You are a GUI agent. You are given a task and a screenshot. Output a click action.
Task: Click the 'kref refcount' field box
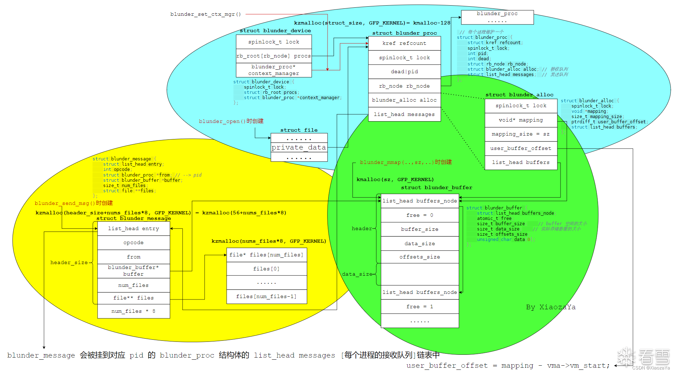click(x=404, y=43)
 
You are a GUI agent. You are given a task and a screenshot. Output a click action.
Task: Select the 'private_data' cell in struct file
click(x=299, y=147)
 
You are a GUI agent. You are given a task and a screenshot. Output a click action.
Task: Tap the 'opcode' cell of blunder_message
click(x=133, y=242)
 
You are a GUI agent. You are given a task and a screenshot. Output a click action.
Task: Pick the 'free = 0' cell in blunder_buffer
click(x=420, y=215)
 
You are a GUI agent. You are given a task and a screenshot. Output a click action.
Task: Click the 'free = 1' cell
click(x=420, y=306)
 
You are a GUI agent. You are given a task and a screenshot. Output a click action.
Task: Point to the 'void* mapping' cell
click(x=521, y=120)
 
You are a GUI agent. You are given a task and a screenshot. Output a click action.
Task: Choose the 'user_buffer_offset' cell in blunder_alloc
click(x=521, y=148)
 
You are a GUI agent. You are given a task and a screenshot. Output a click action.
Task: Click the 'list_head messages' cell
click(x=404, y=114)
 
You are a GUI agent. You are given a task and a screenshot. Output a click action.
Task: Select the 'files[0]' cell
click(x=266, y=269)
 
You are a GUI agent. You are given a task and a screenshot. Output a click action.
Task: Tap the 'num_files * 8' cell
click(x=133, y=311)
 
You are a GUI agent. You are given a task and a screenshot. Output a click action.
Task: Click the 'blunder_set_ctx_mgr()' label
click(x=205, y=14)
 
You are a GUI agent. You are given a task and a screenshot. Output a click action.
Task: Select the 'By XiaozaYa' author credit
click(x=550, y=307)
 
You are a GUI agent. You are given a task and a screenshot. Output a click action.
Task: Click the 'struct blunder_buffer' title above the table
click(x=436, y=188)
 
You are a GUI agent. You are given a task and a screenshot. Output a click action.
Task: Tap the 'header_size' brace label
click(x=69, y=262)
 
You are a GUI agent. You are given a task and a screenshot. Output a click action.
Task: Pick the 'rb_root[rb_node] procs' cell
click(x=273, y=56)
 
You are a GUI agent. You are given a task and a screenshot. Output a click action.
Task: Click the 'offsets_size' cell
click(x=420, y=257)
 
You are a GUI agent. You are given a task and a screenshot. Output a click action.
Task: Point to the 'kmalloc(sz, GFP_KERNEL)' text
click(x=395, y=179)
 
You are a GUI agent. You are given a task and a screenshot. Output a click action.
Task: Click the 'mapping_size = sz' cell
click(x=521, y=134)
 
